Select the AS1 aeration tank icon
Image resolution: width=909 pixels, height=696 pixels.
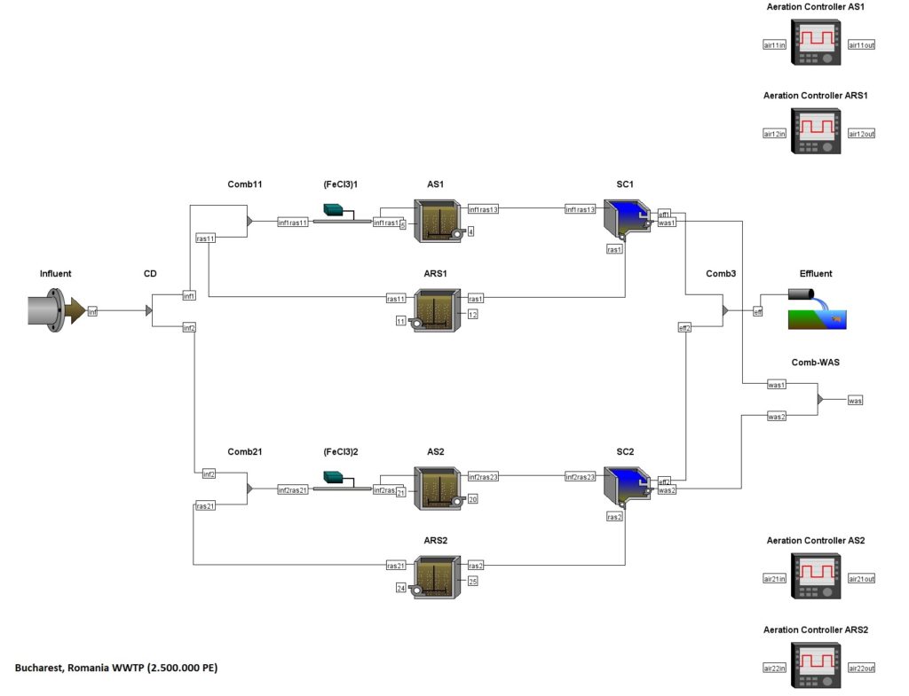click(438, 220)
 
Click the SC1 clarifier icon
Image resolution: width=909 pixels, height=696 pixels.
click(627, 220)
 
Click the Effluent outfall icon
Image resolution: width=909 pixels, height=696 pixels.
click(816, 309)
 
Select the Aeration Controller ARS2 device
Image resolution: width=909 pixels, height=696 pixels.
click(816, 667)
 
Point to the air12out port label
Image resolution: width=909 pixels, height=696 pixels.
click(861, 134)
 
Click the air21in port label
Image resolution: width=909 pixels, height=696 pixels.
click(774, 579)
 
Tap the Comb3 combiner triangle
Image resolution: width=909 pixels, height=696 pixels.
click(725, 311)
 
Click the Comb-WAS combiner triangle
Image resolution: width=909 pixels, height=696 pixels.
click(820, 400)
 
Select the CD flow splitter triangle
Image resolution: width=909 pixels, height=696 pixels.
click(149, 311)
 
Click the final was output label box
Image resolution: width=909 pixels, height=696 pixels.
click(855, 401)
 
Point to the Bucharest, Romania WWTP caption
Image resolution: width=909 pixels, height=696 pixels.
click(115, 668)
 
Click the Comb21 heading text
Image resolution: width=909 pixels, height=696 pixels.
click(244, 451)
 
